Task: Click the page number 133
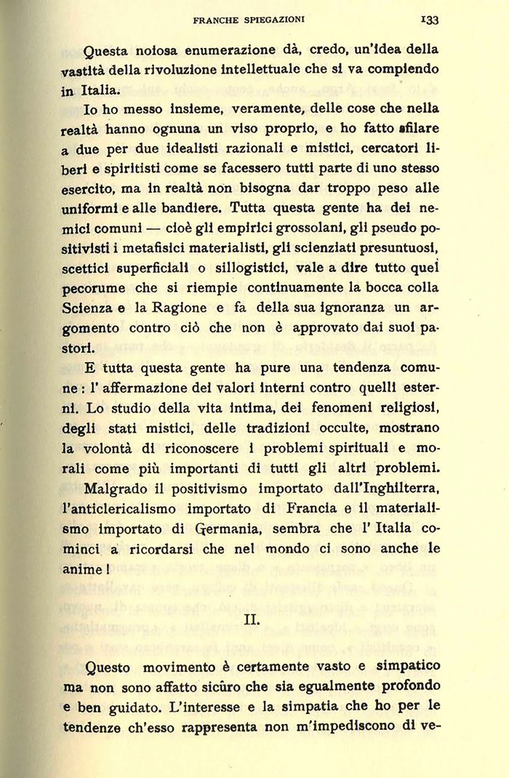click(429, 20)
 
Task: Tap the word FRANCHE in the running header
click(216, 20)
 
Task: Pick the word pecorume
click(94, 289)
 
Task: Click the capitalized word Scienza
click(87, 308)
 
